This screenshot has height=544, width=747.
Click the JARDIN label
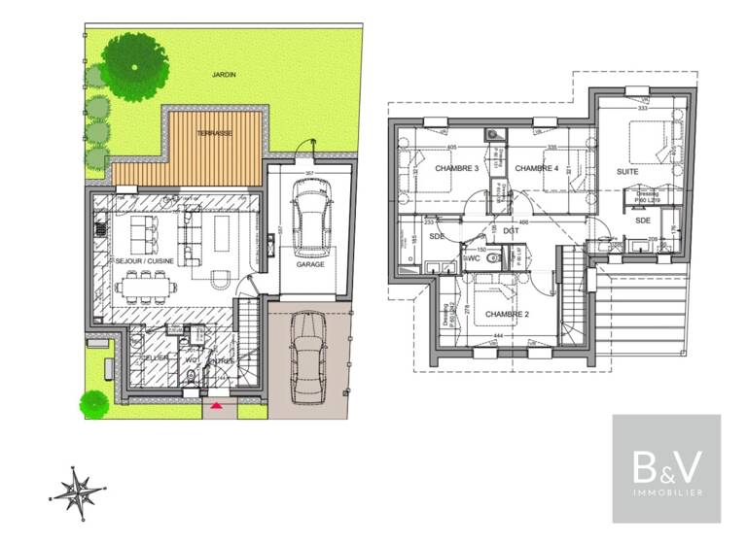226,74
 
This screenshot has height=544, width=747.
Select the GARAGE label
310,263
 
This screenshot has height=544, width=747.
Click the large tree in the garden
134,65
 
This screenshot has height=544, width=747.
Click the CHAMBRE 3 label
456,169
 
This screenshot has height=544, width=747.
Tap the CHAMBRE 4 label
537,169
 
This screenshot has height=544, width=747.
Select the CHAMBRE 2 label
507,315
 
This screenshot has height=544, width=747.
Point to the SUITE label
628,172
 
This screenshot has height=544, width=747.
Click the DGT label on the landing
512,230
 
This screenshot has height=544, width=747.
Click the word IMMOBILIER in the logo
666,493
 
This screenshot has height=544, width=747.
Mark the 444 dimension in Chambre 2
498,335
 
